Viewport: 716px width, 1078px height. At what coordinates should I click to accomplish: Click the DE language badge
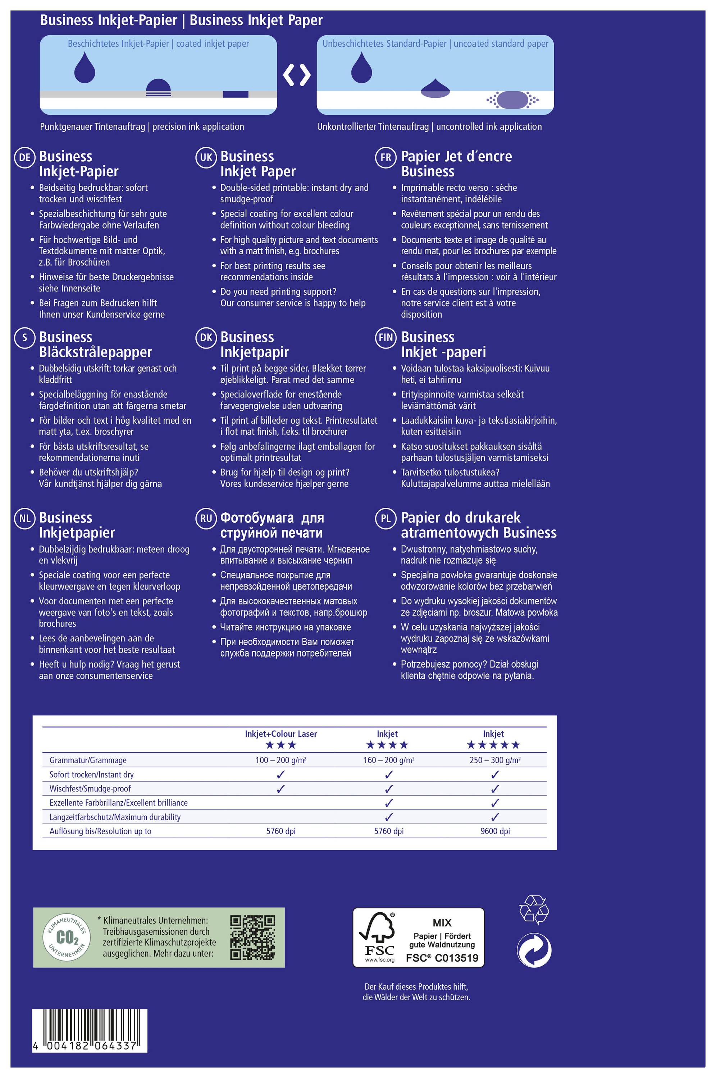pos(25,158)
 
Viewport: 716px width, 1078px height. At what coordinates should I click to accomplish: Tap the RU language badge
pos(206,519)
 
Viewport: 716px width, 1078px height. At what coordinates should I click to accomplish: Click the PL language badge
pos(386,519)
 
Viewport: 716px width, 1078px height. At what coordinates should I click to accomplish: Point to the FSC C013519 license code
pos(442,958)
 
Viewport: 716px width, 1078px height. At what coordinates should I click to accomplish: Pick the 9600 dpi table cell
pos(495,831)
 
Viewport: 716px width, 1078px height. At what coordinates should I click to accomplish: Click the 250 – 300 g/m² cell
pos(495,760)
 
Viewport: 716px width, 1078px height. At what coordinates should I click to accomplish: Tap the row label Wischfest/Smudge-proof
pos(90,788)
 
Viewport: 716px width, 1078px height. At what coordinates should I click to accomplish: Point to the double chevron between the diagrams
pos(297,75)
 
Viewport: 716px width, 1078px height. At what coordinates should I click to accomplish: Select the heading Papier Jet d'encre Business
pos(456,164)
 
